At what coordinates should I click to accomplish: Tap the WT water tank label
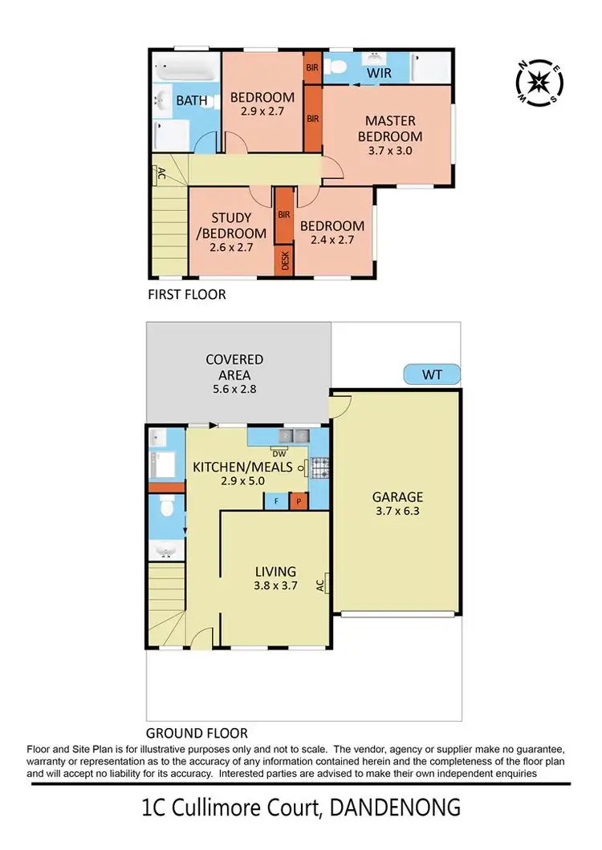click(432, 374)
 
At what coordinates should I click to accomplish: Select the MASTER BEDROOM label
click(390, 129)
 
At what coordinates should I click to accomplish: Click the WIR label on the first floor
click(379, 74)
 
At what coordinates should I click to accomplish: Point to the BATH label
click(192, 101)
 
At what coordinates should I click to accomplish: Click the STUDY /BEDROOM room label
click(231, 225)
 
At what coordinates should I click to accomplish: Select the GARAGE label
click(397, 497)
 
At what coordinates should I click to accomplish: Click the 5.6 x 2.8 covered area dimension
click(234, 389)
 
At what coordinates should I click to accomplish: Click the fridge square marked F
click(276, 500)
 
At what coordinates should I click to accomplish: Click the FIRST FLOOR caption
click(187, 294)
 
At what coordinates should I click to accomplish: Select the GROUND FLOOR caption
click(197, 732)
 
